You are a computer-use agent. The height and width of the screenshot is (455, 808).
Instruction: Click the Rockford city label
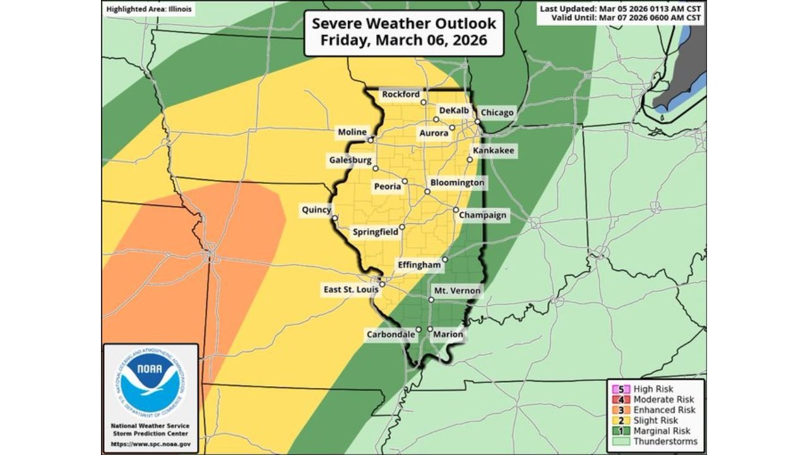click(401, 95)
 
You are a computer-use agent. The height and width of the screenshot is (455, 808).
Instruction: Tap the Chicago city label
click(497, 113)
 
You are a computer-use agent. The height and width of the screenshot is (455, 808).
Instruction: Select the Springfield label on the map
click(375, 232)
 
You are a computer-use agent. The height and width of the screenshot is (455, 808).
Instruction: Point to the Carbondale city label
click(391, 334)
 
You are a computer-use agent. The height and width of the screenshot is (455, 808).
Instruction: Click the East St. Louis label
click(351, 289)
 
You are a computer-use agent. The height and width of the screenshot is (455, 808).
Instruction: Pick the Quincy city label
click(316, 209)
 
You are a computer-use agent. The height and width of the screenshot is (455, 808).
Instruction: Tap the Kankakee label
click(494, 151)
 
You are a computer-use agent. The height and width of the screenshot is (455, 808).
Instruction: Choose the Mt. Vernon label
click(457, 291)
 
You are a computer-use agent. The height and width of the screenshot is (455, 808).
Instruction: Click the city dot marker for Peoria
click(405, 181)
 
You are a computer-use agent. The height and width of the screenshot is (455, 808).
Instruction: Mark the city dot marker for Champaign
click(456, 210)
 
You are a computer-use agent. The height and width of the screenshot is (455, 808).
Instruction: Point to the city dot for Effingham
click(445, 259)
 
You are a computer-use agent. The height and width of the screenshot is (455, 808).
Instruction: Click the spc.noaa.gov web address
click(150, 444)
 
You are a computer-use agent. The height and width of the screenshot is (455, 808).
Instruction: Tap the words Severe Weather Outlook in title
click(404, 24)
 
